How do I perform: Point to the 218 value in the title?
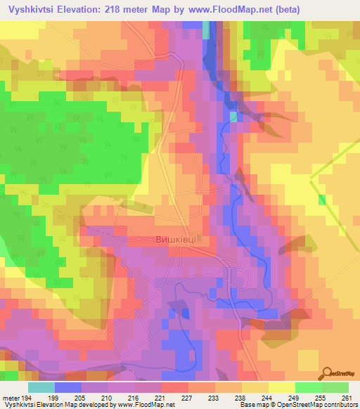(129, 9)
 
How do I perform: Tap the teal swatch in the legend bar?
(41, 387)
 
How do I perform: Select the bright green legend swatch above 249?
(308, 387)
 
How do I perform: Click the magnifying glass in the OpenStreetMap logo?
(328, 372)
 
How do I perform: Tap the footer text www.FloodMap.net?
(149, 405)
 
